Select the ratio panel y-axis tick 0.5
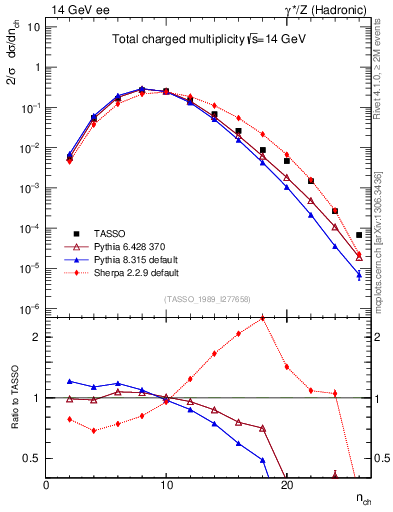(x=32, y=458)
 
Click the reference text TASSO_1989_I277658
(x=207, y=298)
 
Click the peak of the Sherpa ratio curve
(x=262, y=318)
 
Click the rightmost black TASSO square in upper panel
(x=358, y=235)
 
